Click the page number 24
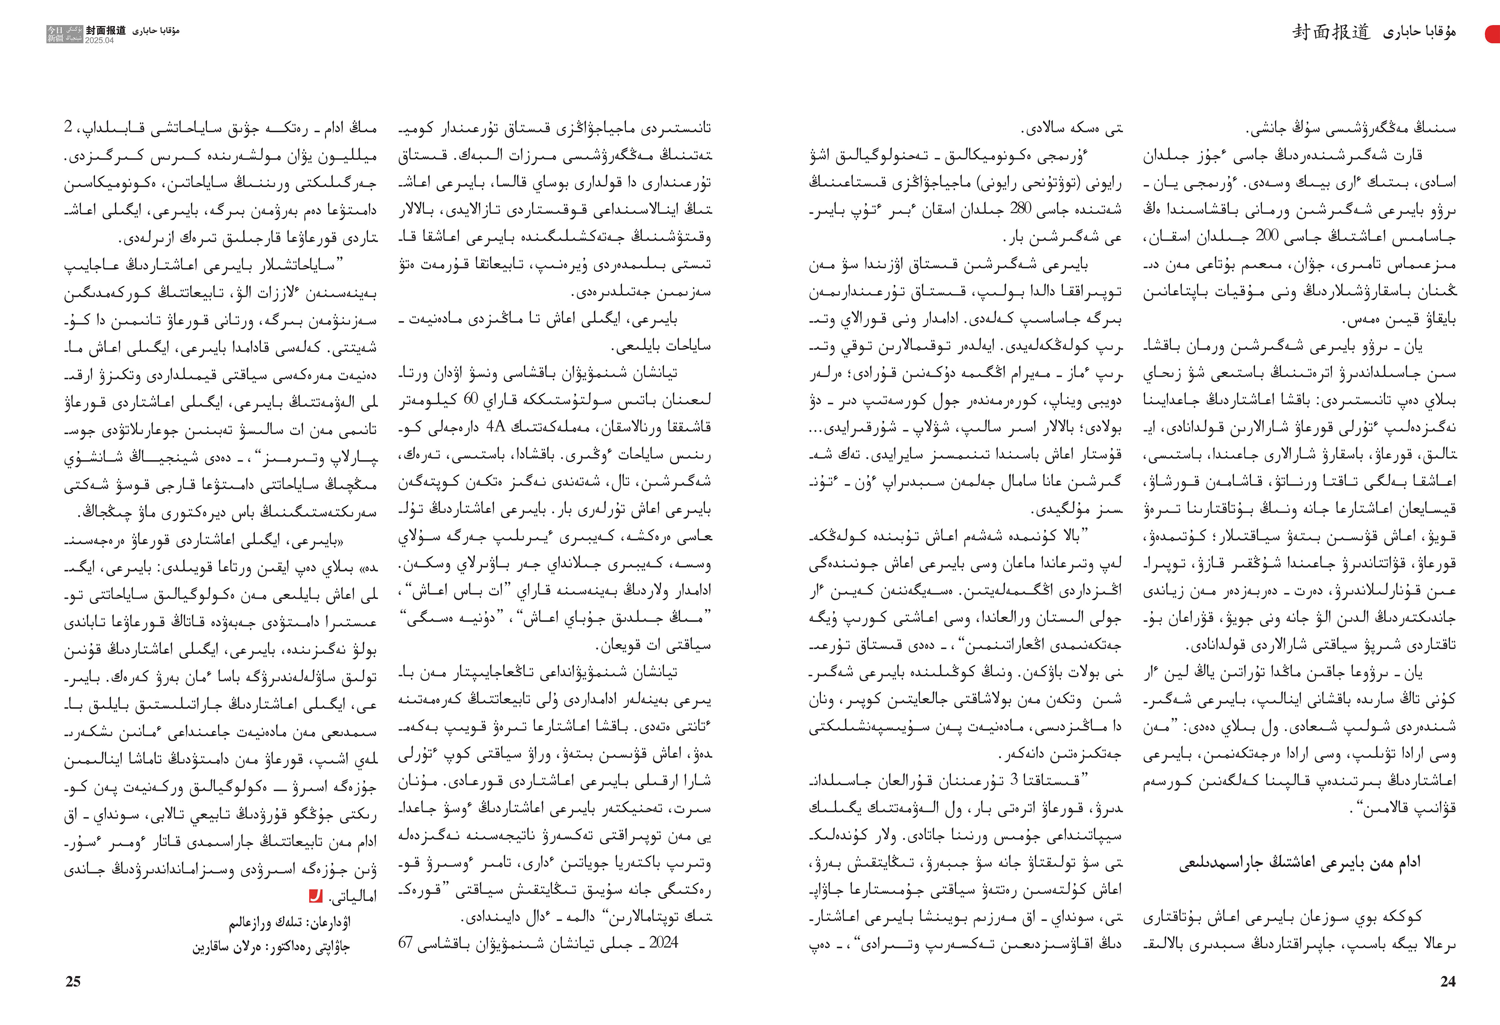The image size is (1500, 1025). tap(1448, 981)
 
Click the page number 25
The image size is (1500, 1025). tap(73, 981)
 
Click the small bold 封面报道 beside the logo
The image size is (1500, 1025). tap(106, 30)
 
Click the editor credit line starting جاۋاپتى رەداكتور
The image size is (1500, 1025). tap(271, 948)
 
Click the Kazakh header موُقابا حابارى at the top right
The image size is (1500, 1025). tap(1419, 32)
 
